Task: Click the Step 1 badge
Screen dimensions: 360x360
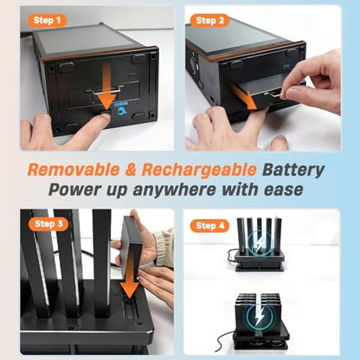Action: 48,21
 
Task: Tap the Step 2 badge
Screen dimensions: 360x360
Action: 209,21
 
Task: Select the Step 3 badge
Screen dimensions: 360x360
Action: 48,224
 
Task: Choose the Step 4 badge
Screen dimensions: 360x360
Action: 209,226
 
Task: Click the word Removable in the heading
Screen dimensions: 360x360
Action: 74,170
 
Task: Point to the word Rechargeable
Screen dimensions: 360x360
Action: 199,170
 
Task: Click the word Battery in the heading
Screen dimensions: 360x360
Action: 293,170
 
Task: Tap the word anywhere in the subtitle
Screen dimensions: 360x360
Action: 174,190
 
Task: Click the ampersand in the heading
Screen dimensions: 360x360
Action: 131,170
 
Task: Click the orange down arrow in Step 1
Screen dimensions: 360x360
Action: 106,88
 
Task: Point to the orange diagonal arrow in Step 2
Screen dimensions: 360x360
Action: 244,97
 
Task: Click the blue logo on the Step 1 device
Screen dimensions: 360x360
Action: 121,108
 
